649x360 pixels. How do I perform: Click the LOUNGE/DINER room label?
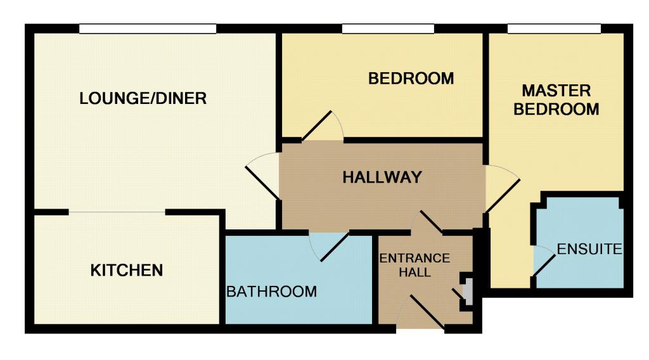[x=143, y=98]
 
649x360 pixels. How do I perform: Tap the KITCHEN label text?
[x=127, y=271]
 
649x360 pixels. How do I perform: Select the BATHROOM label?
[x=272, y=292]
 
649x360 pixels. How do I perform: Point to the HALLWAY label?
[x=382, y=177]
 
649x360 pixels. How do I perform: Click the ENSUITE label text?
[x=589, y=249]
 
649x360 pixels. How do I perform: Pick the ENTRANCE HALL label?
[x=414, y=266]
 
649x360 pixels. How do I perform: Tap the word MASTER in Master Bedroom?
[x=556, y=90]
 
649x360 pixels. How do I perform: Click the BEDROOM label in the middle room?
[x=411, y=79]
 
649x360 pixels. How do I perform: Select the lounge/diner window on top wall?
[x=148, y=29]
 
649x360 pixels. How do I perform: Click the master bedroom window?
[x=554, y=29]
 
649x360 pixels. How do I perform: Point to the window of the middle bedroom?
[x=388, y=29]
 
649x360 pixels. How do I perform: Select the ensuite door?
[x=543, y=260]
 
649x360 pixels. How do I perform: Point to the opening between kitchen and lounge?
[x=117, y=212]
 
